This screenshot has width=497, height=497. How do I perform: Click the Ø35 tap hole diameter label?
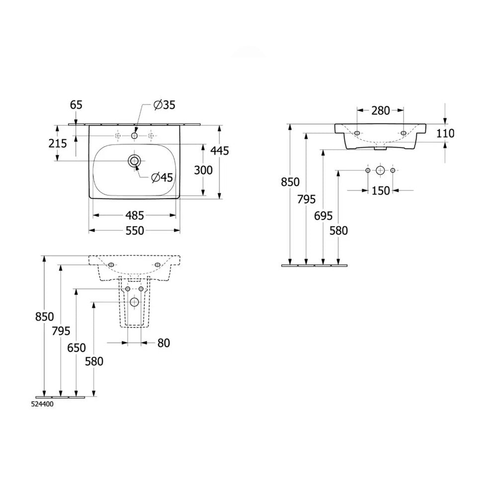[164, 104]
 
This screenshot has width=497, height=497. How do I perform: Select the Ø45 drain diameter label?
[162, 177]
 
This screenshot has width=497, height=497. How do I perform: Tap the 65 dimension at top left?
[76, 104]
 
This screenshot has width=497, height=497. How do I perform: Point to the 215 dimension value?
[58, 144]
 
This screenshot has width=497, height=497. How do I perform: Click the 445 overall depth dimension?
[220, 151]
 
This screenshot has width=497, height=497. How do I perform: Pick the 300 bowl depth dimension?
[203, 170]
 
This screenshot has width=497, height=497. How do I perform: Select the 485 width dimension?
[135, 216]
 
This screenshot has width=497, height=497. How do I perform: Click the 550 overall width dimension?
[135, 231]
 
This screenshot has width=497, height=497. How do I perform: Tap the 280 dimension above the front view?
[380, 111]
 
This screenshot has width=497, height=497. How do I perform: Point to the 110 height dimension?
[445, 133]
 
